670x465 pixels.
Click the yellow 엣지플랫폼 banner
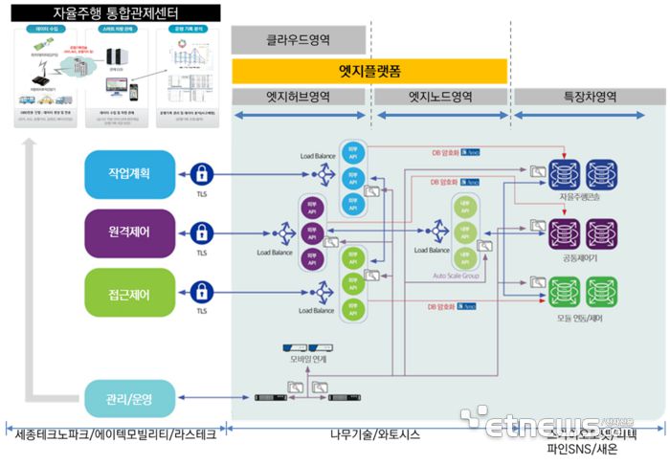coord(368,71)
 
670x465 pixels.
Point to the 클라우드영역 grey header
coord(298,40)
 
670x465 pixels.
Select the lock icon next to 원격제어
coord(201,232)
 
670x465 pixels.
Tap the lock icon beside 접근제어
coord(201,290)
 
